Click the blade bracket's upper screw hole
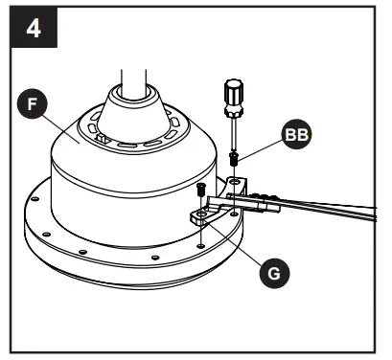point(234,178)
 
